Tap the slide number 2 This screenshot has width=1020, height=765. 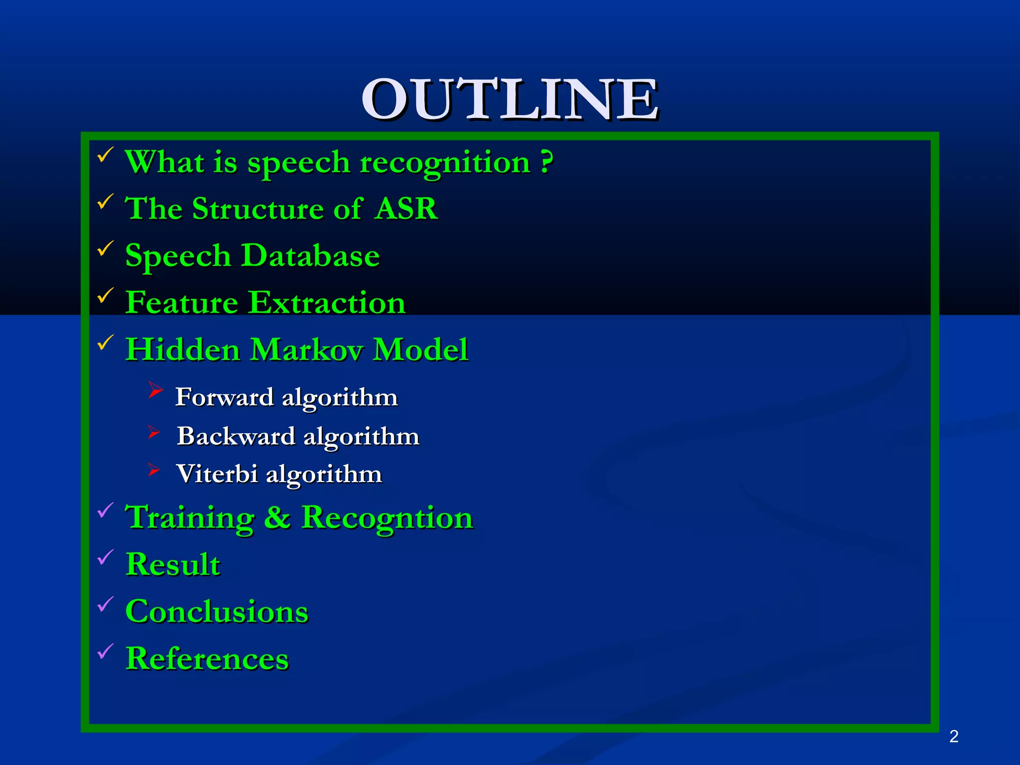(x=954, y=736)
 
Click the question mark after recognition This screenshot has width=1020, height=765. (x=547, y=162)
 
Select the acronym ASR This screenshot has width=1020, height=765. (x=406, y=208)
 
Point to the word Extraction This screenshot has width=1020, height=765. (x=327, y=302)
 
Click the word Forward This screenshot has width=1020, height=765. (x=225, y=397)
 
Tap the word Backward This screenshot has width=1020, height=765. (x=236, y=436)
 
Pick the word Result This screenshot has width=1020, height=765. (x=173, y=564)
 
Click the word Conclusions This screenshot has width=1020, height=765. (x=217, y=612)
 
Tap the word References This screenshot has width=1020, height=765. (x=207, y=658)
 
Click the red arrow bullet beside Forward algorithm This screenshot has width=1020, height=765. (x=155, y=390)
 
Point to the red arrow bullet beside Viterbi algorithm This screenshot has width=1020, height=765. (x=153, y=470)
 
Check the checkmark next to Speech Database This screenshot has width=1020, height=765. (x=105, y=249)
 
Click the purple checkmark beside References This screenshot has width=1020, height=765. (x=105, y=651)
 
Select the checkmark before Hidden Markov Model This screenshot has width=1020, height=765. (x=105, y=342)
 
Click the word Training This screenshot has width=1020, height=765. (x=190, y=518)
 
